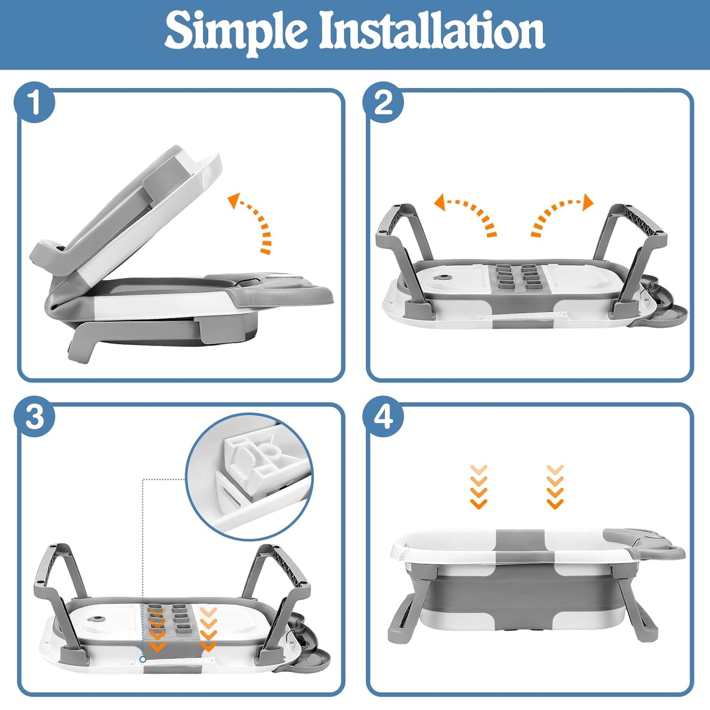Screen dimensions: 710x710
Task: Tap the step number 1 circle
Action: (x=34, y=103)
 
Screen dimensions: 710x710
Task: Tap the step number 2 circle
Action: (x=383, y=103)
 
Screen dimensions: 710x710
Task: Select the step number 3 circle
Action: (x=34, y=418)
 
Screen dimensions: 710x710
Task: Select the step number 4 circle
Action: (x=383, y=418)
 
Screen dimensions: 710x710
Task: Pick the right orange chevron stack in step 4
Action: (x=555, y=487)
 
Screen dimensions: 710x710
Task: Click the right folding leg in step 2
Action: (x=637, y=258)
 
